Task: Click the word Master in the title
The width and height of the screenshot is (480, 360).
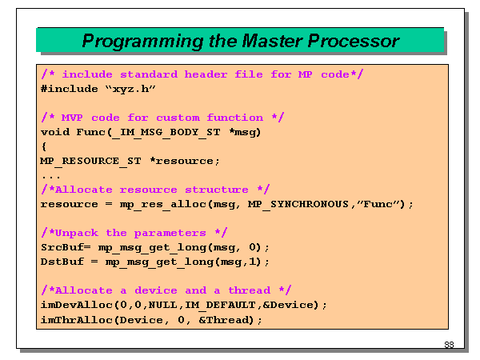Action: pos(249,40)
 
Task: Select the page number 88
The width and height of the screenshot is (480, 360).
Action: pos(449,345)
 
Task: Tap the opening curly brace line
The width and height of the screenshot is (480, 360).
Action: pos(43,146)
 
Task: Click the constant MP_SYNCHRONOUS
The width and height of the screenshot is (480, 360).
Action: pos(276,204)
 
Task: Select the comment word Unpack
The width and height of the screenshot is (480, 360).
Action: pos(73,233)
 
